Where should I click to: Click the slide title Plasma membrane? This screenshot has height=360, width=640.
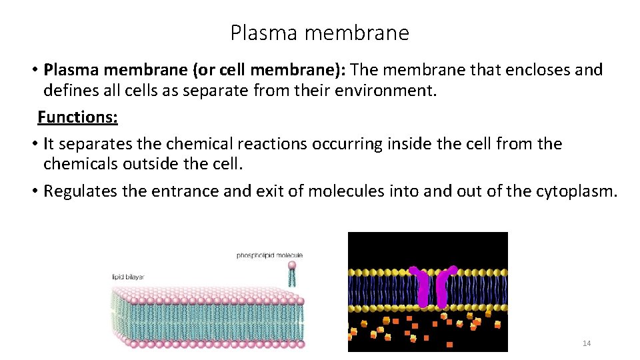point(319,33)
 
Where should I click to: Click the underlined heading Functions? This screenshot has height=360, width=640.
point(77,117)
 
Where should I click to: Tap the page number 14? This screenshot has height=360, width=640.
point(587,343)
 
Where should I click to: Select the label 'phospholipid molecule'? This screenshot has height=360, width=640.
point(269,255)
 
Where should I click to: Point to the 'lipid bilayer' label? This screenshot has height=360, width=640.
point(128,277)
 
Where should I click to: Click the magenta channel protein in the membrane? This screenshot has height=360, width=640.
point(433,287)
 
